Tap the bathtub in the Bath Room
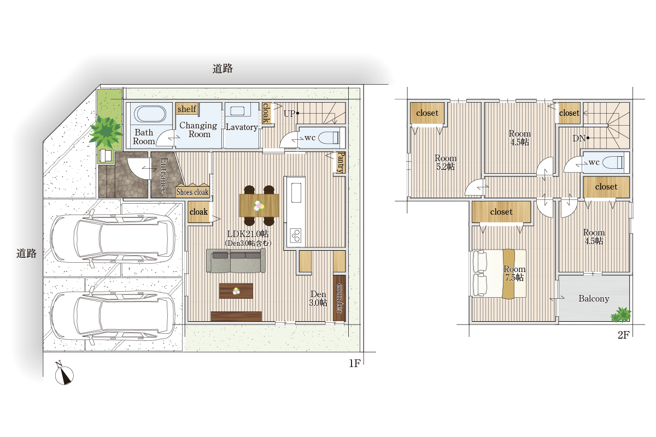[x=150, y=114]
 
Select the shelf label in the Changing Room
[x=187, y=109]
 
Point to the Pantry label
[x=341, y=162]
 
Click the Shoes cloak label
[x=192, y=192]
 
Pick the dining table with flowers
[x=259, y=205]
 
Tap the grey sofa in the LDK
[x=236, y=261]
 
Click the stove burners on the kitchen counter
[x=296, y=235]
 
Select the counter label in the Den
[x=339, y=298]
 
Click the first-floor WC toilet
[x=329, y=138]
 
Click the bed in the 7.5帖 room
[x=499, y=274]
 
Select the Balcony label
[x=594, y=299]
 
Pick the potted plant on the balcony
[x=620, y=314]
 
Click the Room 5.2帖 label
[x=446, y=162]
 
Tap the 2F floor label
[x=624, y=335]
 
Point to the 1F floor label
[x=355, y=363]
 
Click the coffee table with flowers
[x=236, y=291]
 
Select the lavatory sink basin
[x=237, y=111]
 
